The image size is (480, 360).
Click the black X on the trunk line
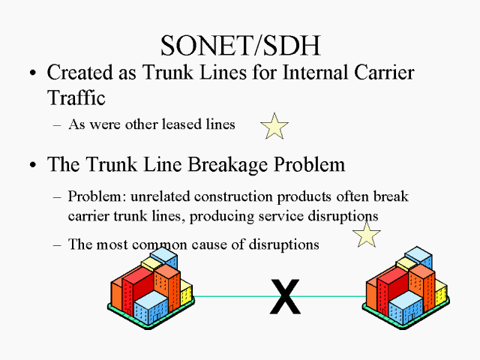click(x=285, y=296)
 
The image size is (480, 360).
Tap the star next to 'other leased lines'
click(x=274, y=126)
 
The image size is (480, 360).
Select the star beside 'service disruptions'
click(x=367, y=234)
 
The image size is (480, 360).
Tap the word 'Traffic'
click(x=73, y=97)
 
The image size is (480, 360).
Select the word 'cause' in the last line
click(x=216, y=244)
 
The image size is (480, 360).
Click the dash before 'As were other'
click(x=58, y=125)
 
